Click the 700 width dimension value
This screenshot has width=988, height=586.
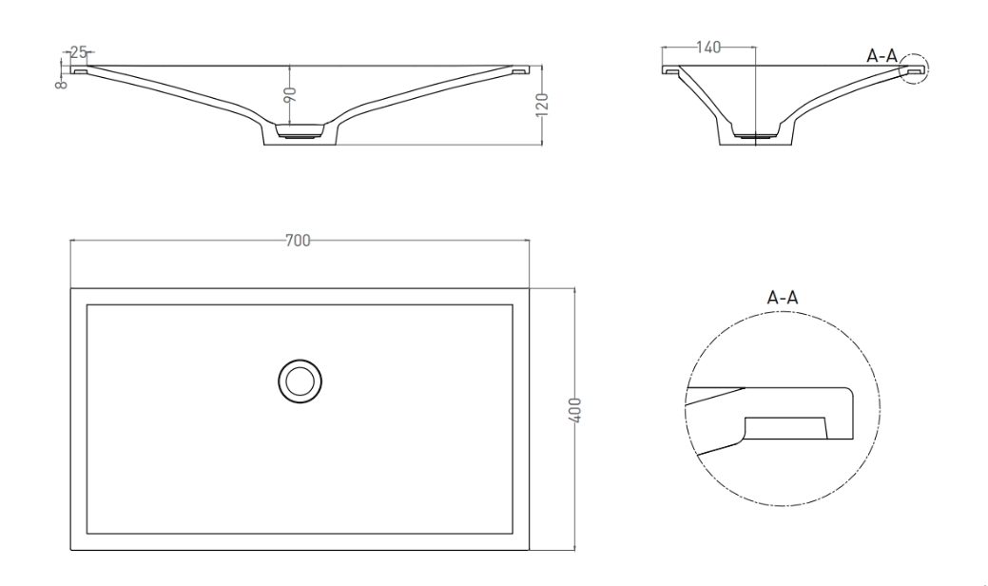pyautogui.click(x=298, y=241)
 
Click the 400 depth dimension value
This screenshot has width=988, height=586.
pyautogui.click(x=574, y=410)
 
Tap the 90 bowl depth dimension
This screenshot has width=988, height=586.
pyautogui.click(x=290, y=95)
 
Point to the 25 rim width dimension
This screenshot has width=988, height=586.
pyautogui.click(x=78, y=52)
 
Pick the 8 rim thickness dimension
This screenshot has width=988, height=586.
pyautogui.click(x=61, y=83)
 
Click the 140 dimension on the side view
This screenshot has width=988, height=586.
pyautogui.click(x=708, y=48)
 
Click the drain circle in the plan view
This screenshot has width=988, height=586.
pyautogui.click(x=300, y=381)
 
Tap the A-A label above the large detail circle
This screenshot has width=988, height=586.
pyautogui.click(x=782, y=297)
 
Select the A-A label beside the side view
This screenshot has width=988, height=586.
pyautogui.click(x=881, y=55)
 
